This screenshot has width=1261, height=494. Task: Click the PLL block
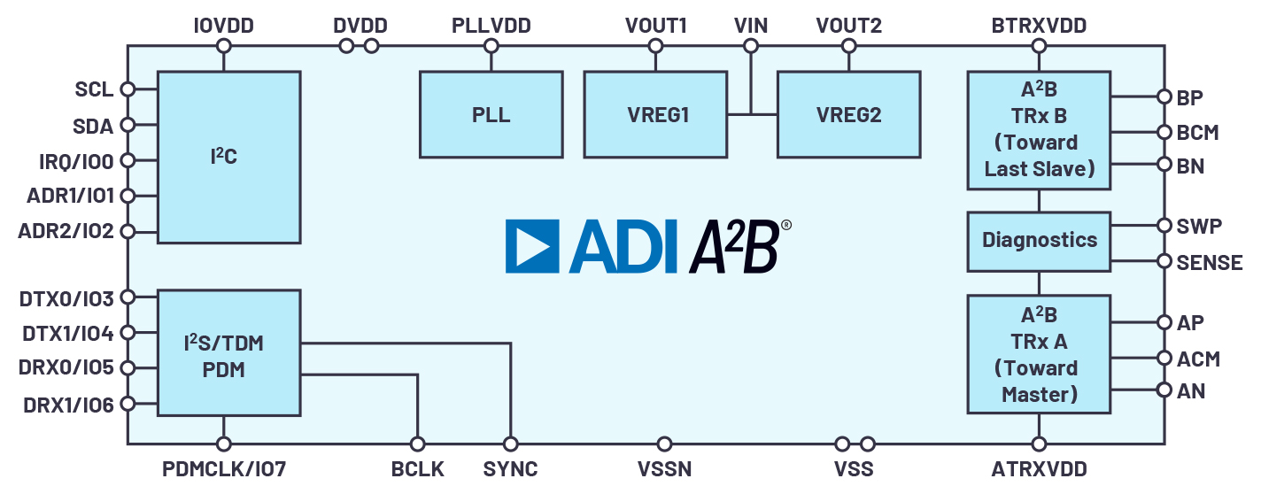pos(491,114)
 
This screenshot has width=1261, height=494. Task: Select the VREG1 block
pos(655,114)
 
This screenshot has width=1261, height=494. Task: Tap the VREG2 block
pos(849,114)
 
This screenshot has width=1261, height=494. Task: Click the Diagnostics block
pos(1039,242)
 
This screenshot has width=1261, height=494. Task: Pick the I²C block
pos(228,157)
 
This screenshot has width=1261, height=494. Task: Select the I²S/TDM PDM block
pos(228,352)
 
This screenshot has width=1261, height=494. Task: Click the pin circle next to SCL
pos(128,89)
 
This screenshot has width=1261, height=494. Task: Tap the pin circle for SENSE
pos(1164,261)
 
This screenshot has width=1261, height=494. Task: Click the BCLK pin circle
pos(417,444)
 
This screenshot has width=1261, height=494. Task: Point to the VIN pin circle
pos(750,46)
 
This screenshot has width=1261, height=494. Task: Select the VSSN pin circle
pos(664,444)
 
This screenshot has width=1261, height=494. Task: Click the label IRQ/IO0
pos(76,162)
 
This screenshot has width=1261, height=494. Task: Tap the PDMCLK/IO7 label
pos(224,468)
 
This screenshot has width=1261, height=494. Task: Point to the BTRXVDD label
pos(1039,26)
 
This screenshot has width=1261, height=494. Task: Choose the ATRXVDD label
pos(1039,468)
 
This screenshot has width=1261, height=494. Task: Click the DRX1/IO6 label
pos(68,405)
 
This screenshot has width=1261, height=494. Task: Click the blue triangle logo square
pos(532,246)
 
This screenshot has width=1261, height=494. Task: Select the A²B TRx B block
pos(1039,130)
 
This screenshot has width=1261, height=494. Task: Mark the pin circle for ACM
pos(1164,358)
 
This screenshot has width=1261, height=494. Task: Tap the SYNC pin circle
pos(510,444)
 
